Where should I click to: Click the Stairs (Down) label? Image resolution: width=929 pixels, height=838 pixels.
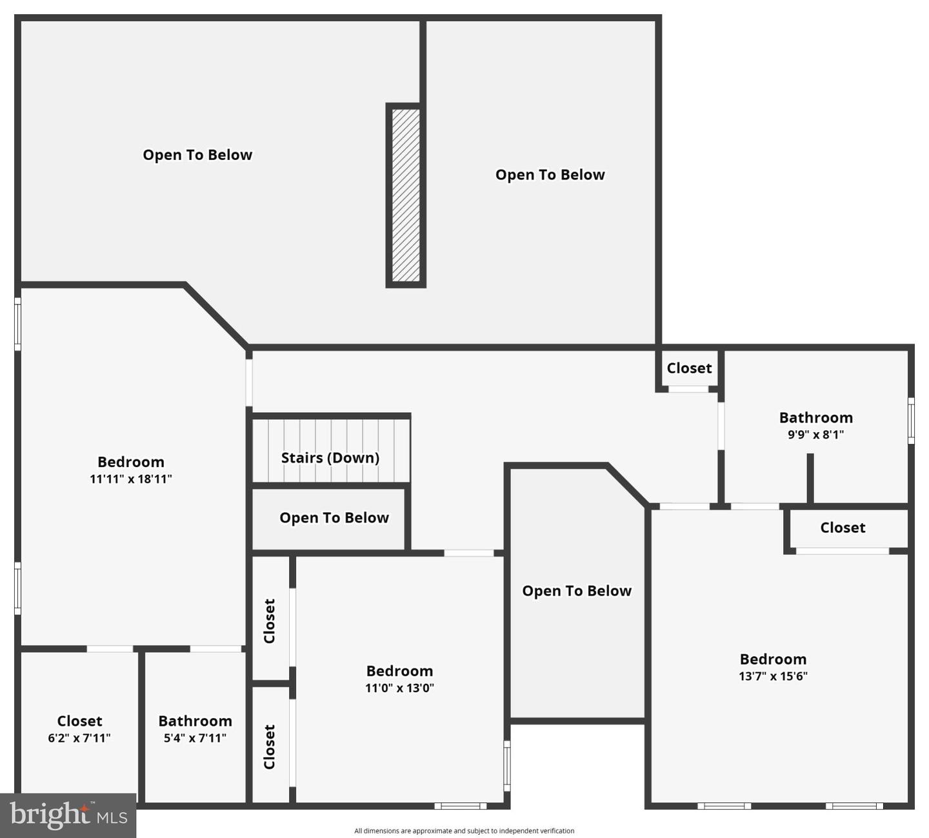(330, 457)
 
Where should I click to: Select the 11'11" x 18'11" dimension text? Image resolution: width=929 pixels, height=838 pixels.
(131, 479)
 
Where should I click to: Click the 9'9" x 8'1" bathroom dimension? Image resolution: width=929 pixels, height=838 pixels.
(815, 434)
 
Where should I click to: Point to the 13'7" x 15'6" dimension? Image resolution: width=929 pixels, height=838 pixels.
(773, 676)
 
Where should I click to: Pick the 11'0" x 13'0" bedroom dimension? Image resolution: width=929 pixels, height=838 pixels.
(399, 688)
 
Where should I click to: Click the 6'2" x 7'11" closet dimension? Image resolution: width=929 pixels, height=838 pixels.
(79, 738)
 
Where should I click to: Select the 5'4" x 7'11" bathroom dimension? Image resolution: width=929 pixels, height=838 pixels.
(195, 738)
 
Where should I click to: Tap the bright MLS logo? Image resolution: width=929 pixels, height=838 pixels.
(68, 815)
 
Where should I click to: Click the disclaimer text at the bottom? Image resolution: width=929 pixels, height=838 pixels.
(464, 831)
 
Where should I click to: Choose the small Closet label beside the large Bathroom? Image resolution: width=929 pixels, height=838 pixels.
(689, 368)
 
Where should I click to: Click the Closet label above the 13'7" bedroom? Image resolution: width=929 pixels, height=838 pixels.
(843, 528)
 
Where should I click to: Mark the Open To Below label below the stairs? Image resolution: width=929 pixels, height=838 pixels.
(334, 517)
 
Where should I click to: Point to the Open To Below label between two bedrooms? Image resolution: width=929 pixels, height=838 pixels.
(576, 591)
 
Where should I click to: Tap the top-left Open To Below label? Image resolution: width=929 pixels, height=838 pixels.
(197, 155)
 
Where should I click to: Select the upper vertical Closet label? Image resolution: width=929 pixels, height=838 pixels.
(270, 621)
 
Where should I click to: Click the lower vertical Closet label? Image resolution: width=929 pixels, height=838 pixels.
(270, 746)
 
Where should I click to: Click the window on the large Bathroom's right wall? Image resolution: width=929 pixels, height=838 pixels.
(911, 421)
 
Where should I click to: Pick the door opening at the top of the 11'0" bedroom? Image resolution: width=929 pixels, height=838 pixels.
(469, 553)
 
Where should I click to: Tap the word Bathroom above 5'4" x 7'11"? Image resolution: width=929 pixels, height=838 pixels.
(195, 721)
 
